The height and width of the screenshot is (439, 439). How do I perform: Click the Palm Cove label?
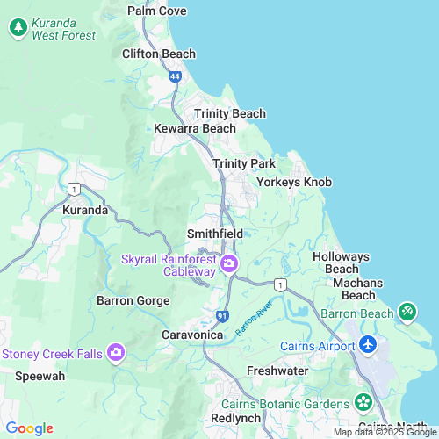coord(157,11)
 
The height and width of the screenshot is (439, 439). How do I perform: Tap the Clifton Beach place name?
coord(158,54)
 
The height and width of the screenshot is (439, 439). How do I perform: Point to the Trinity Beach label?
coord(229,113)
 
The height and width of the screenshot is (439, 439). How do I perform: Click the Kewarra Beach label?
coord(195,128)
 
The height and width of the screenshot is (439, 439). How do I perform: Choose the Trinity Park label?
coord(244,163)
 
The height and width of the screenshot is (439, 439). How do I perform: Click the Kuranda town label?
coord(85,211)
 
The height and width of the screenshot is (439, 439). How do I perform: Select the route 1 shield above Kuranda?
coord(74,189)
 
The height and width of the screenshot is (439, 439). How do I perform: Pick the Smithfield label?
coord(215,234)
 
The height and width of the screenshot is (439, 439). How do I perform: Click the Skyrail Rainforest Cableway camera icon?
coord(229,263)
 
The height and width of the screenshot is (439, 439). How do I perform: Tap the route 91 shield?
coord(222,315)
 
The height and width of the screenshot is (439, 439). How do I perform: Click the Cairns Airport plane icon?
coord(367,344)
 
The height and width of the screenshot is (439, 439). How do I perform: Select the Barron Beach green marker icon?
coord(407,311)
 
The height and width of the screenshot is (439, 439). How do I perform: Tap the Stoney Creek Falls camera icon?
coord(116,353)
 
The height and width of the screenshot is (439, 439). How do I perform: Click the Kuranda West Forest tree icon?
coord(18,27)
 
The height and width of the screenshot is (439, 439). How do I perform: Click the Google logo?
coord(30,428)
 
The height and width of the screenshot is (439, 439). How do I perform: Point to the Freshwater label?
coord(277,371)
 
